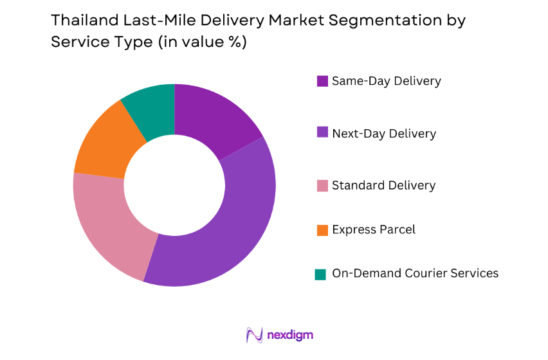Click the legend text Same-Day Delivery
coord(386,81)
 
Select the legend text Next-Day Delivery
coord(383,134)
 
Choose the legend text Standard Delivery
coord(383,185)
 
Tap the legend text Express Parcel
coord(373,230)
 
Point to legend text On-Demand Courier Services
coord(415,273)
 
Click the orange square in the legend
coord(322,230)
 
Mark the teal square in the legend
coord(320,274)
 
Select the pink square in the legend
coord(322,186)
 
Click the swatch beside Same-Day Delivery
coord(322,82)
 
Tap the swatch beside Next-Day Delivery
coord(322,134)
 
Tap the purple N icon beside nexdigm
coord(253,335)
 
